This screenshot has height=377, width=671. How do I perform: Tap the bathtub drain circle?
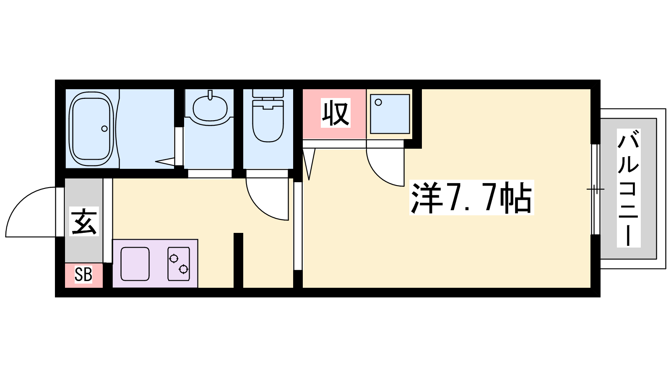[104, 129]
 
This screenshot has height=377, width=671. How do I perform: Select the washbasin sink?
[210, 108]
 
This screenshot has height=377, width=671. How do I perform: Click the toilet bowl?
[268, 121]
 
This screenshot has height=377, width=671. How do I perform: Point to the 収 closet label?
[335, 113]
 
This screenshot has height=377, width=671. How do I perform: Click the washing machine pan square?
[390, 114]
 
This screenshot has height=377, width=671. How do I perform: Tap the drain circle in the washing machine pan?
[378, 102]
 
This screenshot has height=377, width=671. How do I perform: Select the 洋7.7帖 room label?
[471, 197]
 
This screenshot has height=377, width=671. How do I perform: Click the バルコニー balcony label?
[629, 188]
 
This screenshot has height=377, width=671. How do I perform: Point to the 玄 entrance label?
[84, 222]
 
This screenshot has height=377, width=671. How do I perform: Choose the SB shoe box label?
[83, 274]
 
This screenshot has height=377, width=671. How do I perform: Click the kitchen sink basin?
[135, 264]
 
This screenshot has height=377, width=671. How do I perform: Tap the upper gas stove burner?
[174, 258]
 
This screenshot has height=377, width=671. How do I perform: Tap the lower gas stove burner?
[183, 269]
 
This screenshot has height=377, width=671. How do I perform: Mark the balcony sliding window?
[596, 189]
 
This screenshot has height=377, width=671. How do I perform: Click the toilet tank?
[268, 93]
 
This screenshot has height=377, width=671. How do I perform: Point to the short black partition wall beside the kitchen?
[238, 260]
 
